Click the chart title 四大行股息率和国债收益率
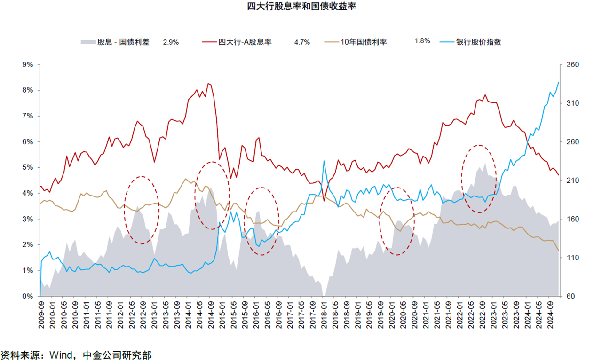click(301, 6)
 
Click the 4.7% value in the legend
click(302, 42)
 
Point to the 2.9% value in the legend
click(171, 42)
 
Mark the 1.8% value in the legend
click(422, 41)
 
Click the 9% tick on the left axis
click(28, 64)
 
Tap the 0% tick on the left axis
click(28, 296)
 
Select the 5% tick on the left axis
click(28, 167)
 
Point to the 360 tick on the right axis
click(573, 64)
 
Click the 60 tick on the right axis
click(570, 296)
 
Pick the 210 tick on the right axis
click(573, 180)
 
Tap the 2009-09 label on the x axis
click(41, 315)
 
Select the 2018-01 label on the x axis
click(324, 315)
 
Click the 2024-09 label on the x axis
click(550, 315)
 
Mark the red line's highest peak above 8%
click(208, 84)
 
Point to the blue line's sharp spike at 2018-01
click(324, 161)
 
